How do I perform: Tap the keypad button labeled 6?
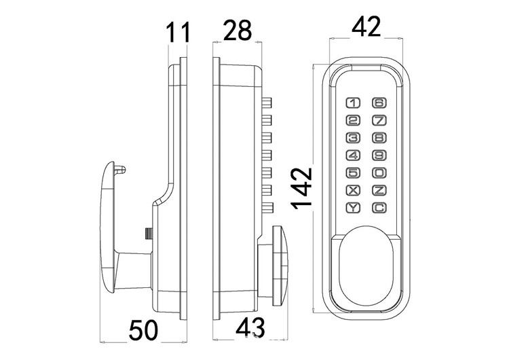click(379, 104)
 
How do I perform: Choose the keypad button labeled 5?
click(354, 173)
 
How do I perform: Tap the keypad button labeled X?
click(354, 191)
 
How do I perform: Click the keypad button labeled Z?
click(379, 191)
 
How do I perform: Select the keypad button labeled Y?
click(354, 208)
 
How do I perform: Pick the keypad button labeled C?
click(379, 208)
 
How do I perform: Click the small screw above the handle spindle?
click(147, 234)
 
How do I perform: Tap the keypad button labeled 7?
click(379, 121)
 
